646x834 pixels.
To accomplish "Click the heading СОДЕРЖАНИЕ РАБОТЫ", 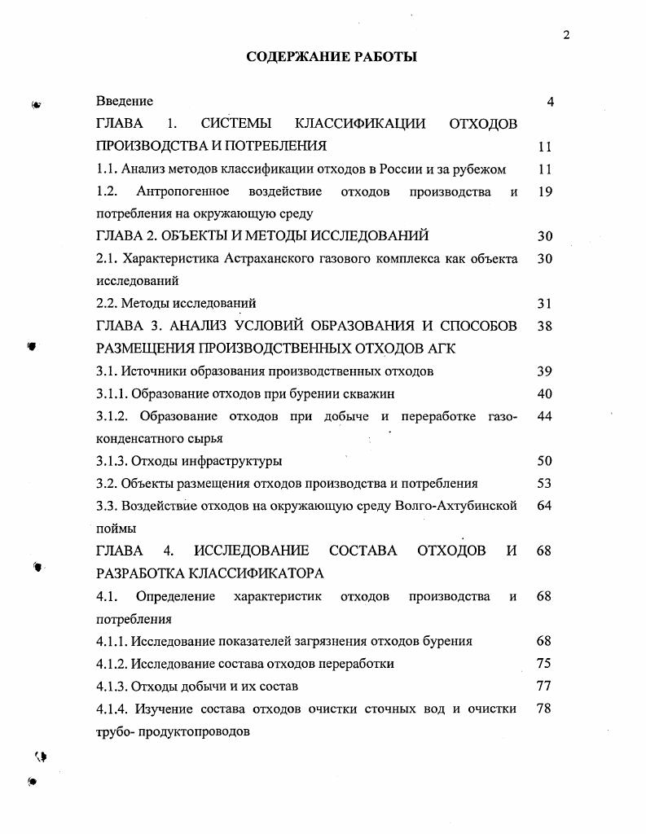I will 332,57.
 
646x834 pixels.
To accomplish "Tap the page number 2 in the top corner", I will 565,34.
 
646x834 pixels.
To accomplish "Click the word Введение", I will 124,101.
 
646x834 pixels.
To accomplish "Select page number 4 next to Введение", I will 550,102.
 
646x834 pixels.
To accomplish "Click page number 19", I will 545,192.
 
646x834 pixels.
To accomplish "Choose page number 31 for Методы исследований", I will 545,304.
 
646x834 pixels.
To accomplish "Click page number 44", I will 545,416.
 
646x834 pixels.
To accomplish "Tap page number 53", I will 545,483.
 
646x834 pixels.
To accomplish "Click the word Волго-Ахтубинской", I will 455,506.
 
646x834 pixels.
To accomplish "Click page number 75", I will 545,663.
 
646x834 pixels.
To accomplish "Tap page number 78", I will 545,708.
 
